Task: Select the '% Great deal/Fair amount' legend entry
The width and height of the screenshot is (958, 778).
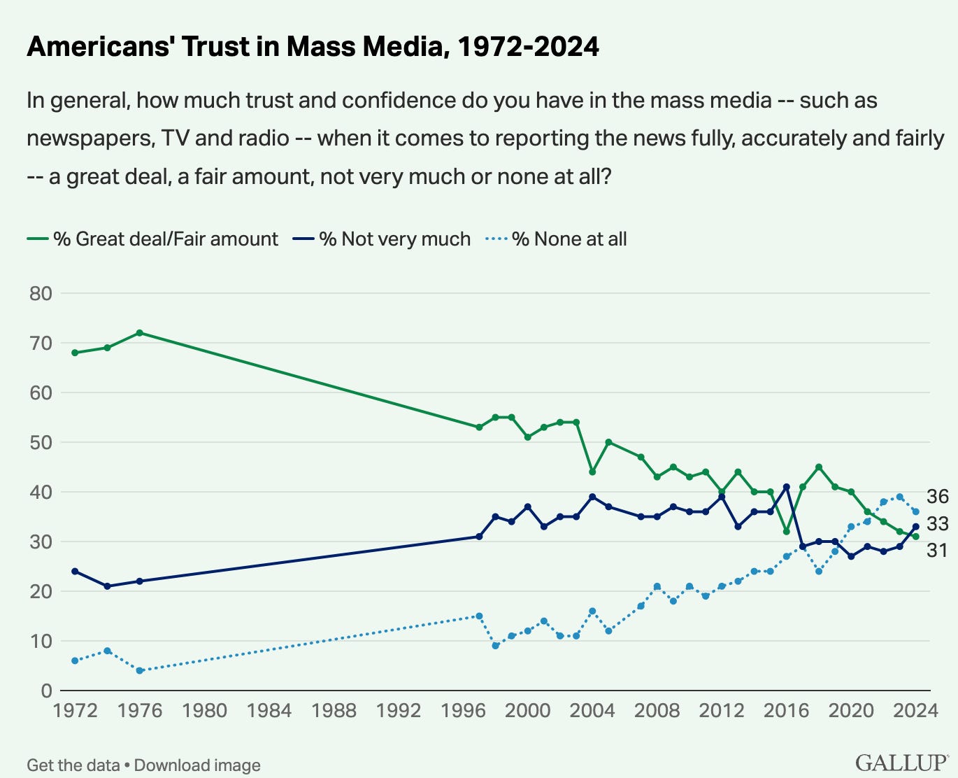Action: [x=152, y=239]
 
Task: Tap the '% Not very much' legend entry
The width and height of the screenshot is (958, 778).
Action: [x=382, y=239]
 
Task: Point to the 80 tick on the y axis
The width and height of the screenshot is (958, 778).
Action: [x=41, y=293]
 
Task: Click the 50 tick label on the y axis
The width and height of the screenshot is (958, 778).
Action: [x=41, y=442]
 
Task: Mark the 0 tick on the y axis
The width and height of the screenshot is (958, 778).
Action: [x=47, y=691]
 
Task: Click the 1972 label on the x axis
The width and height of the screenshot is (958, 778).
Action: [x=75, y=711]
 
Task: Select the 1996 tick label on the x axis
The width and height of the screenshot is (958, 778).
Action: [x=463, y=711]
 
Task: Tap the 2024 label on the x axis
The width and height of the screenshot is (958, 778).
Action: [x=915, y=711]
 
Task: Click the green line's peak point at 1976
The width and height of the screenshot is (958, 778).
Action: [x=139, y=333]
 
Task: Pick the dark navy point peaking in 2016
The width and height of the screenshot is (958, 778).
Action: [x=786, y=487]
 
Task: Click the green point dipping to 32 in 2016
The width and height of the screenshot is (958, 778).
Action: [x=786, y=532]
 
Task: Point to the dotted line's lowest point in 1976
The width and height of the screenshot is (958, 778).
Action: [x=139, y=670]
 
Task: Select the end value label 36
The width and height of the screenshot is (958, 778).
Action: [x=937, y=496]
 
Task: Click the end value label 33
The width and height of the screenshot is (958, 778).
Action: [x=937, y=524]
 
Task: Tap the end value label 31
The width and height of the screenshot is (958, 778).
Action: [x=937, y=551]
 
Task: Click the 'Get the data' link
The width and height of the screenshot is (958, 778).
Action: [x=73, y=765]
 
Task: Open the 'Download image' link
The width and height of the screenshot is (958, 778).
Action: [x=197, y=765]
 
